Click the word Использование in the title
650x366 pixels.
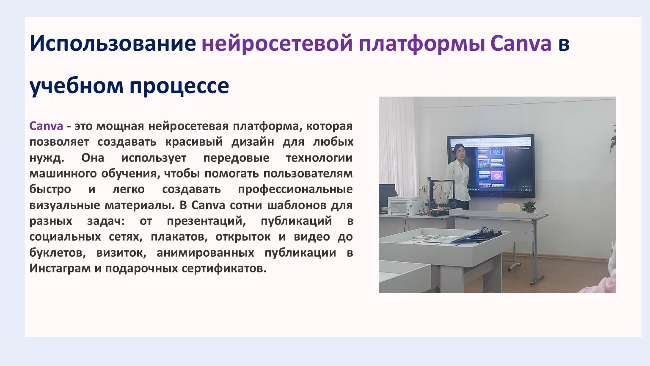pos(113,43)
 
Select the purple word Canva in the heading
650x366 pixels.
pos(521,43)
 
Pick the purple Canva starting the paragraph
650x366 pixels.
pos(46,126)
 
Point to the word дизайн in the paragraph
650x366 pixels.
pos(253,142)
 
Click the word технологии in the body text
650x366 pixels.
pos(319,158)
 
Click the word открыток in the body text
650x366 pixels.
pos(243,237)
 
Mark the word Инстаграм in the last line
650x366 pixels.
pos(60,269)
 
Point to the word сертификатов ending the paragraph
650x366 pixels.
pos(224,269)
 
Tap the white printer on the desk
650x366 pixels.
pos(405,205)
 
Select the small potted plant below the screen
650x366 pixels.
pos(529,206)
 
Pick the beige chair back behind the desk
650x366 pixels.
pos(509,208)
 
